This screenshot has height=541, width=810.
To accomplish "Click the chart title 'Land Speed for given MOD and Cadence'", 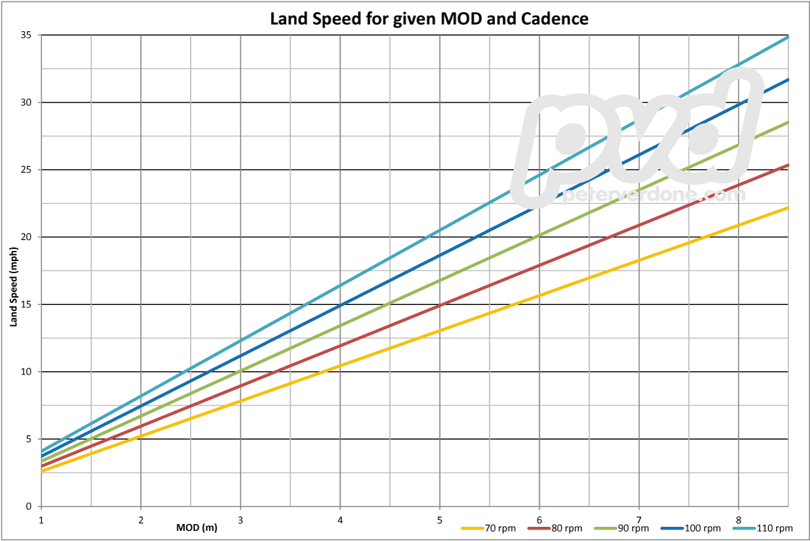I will tap(429, 18).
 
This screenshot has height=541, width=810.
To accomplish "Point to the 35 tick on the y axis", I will tap(27, 35).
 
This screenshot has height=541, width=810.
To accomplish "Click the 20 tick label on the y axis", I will tap(27, 237).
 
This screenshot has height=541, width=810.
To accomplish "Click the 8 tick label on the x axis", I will tap(738, 520).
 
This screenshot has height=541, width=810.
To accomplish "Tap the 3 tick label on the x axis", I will tap(240, 520).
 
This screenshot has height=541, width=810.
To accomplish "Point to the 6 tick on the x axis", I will tap(539, 520).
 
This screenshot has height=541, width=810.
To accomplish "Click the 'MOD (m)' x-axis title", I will tap(197, 527).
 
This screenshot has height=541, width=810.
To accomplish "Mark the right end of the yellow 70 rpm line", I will tap(788, 208).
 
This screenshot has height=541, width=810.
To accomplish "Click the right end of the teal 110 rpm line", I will tap(788, 37).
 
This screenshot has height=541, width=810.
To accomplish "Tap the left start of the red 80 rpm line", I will tap(42, 467).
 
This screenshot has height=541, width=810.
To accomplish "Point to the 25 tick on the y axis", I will tap(27, 170).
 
